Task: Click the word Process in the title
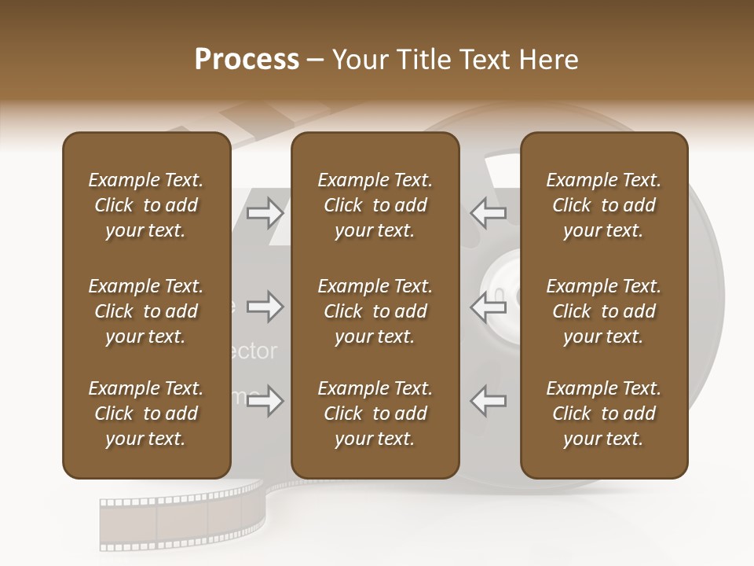point(247,60)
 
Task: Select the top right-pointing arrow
point(265,211)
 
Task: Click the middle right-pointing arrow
point(265,307)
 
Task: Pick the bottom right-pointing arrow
point(265,401)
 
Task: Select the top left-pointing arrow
point(489,211)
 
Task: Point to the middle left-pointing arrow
point(489,307)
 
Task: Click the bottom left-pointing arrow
point(489,401)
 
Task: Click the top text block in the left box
point(146,205)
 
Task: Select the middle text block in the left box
point(146,311)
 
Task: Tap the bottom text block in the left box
point(146,413)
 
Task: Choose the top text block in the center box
point(375,205)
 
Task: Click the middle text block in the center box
point(375,311)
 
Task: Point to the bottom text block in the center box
point(375,413)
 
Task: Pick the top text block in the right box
point(603,205)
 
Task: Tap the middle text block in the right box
point(603,311)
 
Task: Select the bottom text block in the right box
point(603,413)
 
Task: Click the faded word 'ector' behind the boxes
point(255,351)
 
